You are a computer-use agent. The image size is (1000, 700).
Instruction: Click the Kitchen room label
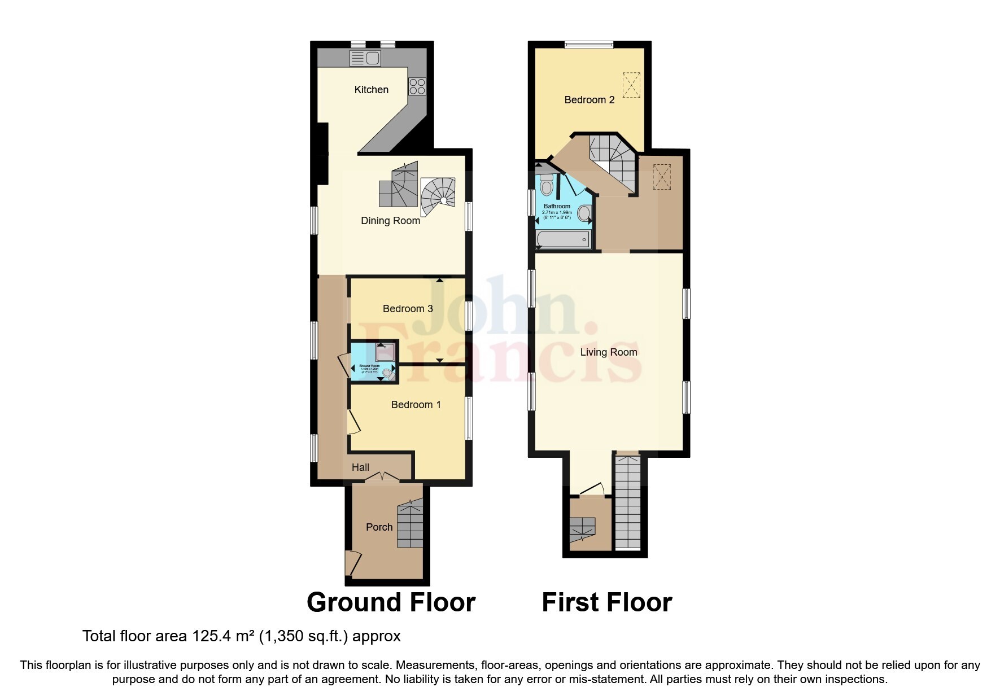371,89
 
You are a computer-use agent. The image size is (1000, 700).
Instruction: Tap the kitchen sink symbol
365,58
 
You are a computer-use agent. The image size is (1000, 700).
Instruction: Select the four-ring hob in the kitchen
417,86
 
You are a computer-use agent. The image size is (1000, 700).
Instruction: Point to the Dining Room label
390,221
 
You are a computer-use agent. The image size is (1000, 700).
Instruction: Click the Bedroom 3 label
408,308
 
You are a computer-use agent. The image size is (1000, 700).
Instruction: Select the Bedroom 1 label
416,404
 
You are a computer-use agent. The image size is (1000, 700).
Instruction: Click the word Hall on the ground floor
360,467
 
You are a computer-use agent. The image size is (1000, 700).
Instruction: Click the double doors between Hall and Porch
382,478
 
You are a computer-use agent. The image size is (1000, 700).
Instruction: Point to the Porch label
379,527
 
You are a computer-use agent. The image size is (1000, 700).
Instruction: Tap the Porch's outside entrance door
352,563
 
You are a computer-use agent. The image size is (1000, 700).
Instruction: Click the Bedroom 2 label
589,100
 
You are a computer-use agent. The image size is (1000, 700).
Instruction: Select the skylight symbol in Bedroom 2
631,85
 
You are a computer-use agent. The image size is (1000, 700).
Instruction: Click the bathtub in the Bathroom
563,239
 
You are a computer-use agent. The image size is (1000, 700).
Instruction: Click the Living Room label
608,352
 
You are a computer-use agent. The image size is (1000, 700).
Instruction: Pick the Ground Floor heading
391,602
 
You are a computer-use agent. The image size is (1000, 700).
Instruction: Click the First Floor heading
606,602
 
